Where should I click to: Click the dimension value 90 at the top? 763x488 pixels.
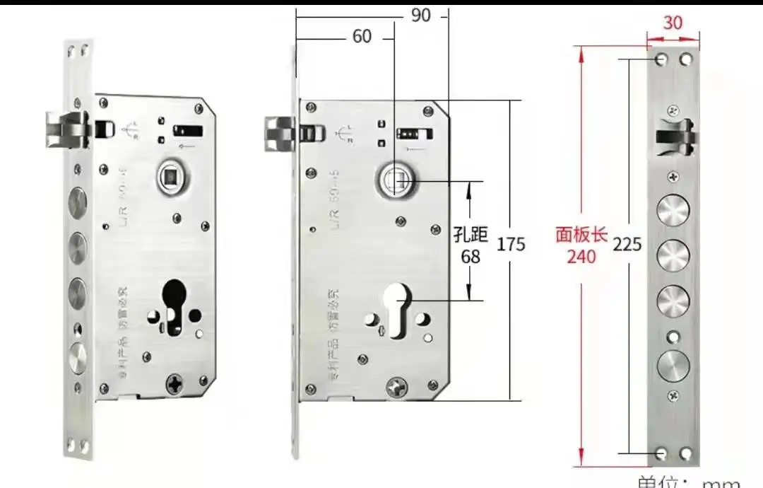[x=420, y=16]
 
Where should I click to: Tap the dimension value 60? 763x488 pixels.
[x=362, y=35]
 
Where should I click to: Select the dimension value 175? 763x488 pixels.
[x=511, y=244]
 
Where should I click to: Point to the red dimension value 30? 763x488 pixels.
[x=673, y=23]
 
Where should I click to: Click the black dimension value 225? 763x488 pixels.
[x=627, y=245]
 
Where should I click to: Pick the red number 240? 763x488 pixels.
[x=581, y=256]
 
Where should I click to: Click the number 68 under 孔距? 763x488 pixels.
[x=471, y=256]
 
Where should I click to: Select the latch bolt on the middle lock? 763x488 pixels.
[x=280, y=134]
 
